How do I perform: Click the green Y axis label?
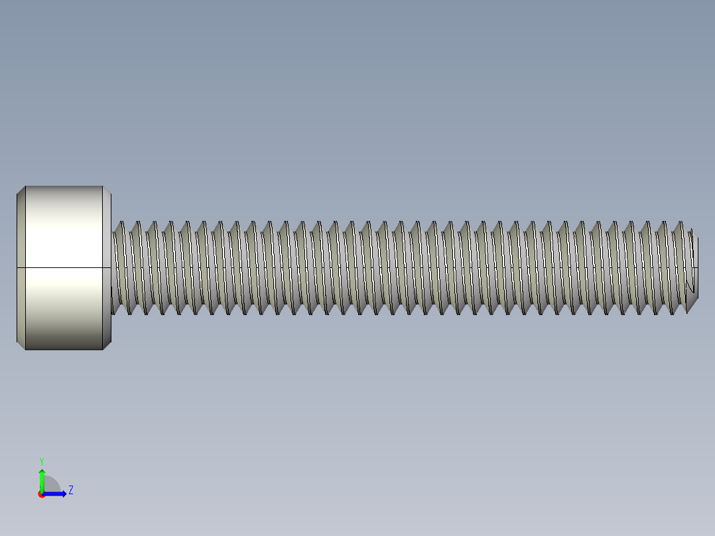(x=41, y=460)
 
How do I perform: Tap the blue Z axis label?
(x=70, y=490)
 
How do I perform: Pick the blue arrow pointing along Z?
(x=57, y=494)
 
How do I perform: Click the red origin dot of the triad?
(x=41, y=494)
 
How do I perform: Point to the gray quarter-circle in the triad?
(x=51, y=485)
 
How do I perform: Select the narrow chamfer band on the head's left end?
(x=21, y=267)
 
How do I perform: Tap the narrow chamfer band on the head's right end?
(x=107, y=267)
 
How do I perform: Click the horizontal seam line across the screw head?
(x=64, y=267)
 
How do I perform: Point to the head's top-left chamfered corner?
(x=21, y=190)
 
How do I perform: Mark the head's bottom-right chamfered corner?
(x=107, y=345)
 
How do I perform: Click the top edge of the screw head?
(x=64, y=186)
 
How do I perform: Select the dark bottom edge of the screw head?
(x=64, y=349)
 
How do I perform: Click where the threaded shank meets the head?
(x=112, y=267)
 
